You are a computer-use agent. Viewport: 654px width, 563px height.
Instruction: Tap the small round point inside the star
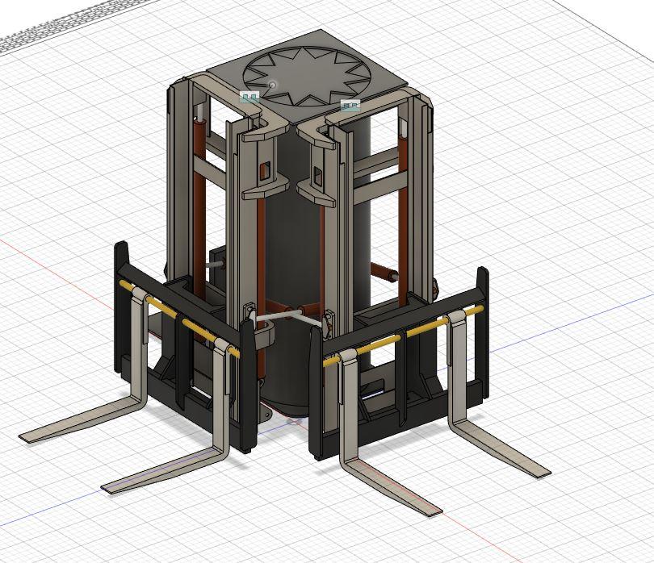tap(273, 83)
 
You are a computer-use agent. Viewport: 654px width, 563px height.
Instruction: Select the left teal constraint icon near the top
tap(249, 98)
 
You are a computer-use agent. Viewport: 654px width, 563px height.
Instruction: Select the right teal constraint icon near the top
tap(349, 105)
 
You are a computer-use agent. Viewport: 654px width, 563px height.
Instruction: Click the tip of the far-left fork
tap(26, 438)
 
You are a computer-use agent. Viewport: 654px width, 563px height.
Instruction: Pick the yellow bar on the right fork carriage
tap(404, 336)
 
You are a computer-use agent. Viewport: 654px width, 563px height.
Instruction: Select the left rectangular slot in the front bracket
tap(265, 169)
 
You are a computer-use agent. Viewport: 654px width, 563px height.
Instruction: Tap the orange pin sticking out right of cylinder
tap(383, 272)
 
